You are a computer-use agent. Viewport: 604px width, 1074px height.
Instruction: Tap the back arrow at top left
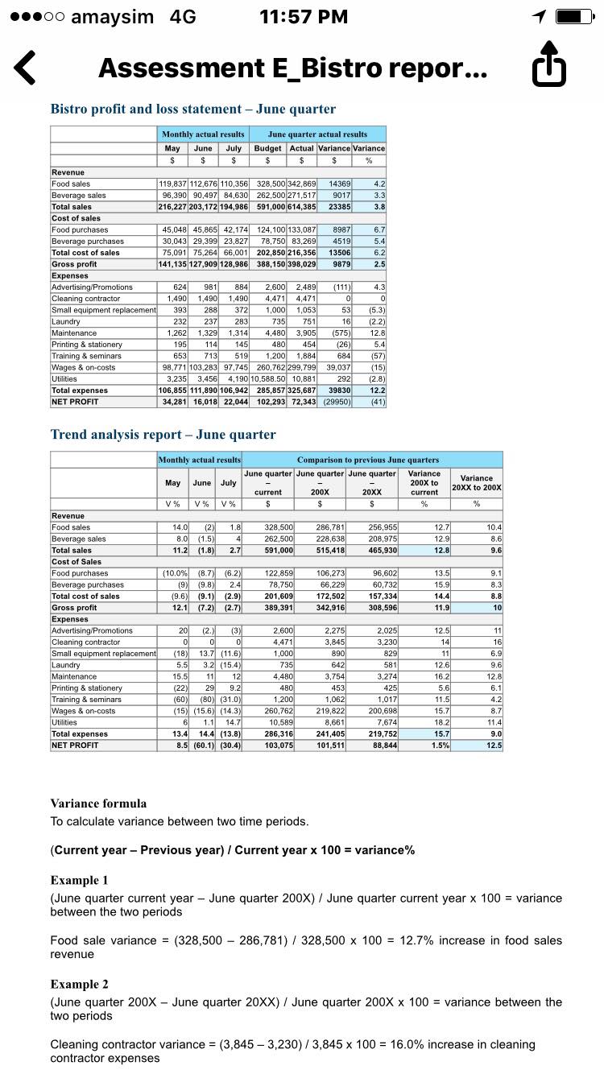coord(26,68)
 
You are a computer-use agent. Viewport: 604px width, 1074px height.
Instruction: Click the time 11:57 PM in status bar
coord(304,17)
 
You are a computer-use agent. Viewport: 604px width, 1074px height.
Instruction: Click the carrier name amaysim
coord(112,17)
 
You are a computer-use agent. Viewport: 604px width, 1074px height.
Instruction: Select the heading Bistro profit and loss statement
coord(193,109)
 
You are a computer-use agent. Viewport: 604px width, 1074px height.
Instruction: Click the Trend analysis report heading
coord(163,435)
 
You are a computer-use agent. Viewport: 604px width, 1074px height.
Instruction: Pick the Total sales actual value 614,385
coord(300,207)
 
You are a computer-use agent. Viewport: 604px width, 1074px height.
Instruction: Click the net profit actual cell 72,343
coord(302,402)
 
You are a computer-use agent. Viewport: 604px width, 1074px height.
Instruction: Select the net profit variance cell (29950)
coord(335,402)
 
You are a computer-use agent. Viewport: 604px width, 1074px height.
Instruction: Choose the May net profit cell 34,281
coord(172,402)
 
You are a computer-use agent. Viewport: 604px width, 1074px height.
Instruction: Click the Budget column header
coord(267,148)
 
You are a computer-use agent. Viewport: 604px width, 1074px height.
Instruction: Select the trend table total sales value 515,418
coord(320,550)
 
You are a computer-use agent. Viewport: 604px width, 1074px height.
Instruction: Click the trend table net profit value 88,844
coord(373,746)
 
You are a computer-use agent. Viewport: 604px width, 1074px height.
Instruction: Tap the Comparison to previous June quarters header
coord(371,459)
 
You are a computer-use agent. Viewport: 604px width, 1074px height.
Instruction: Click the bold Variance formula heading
coord(98,803)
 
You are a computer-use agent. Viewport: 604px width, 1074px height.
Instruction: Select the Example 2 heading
coord(79,985)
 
